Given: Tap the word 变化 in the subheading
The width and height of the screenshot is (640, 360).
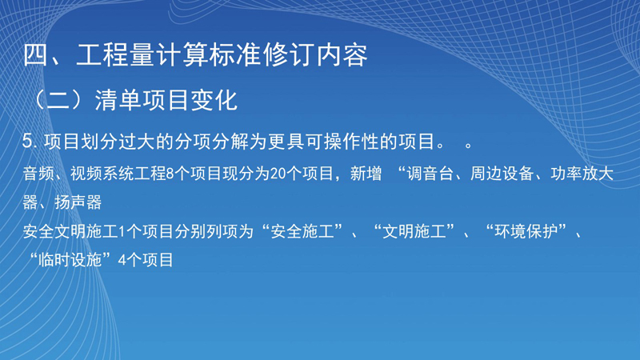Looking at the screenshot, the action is pyautogui.click(x=214, y=100).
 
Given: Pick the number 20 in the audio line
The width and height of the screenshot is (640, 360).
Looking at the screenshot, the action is pyautogui.click(x=278, y=174).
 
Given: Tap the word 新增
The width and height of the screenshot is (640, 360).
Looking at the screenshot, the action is pyautogui.click(x=366, y=174).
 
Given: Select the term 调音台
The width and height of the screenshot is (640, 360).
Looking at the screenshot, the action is pyautogui.click(x=430, y=174).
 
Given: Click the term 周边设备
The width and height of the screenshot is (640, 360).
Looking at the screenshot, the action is pyautogui.click(x=502, y=174).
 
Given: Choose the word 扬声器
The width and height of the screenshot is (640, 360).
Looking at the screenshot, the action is pyautogui.click(x=78, y=202).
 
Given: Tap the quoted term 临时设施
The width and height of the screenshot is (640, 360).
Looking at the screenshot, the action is pyautogui.click(x=70, y=260).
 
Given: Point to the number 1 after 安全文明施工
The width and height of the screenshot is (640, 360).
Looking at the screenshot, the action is pyautogui.click(x=122, y=232).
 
